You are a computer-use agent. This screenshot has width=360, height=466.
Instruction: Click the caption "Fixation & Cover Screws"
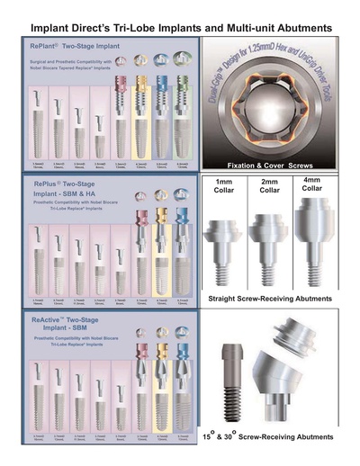tap(276, 165)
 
